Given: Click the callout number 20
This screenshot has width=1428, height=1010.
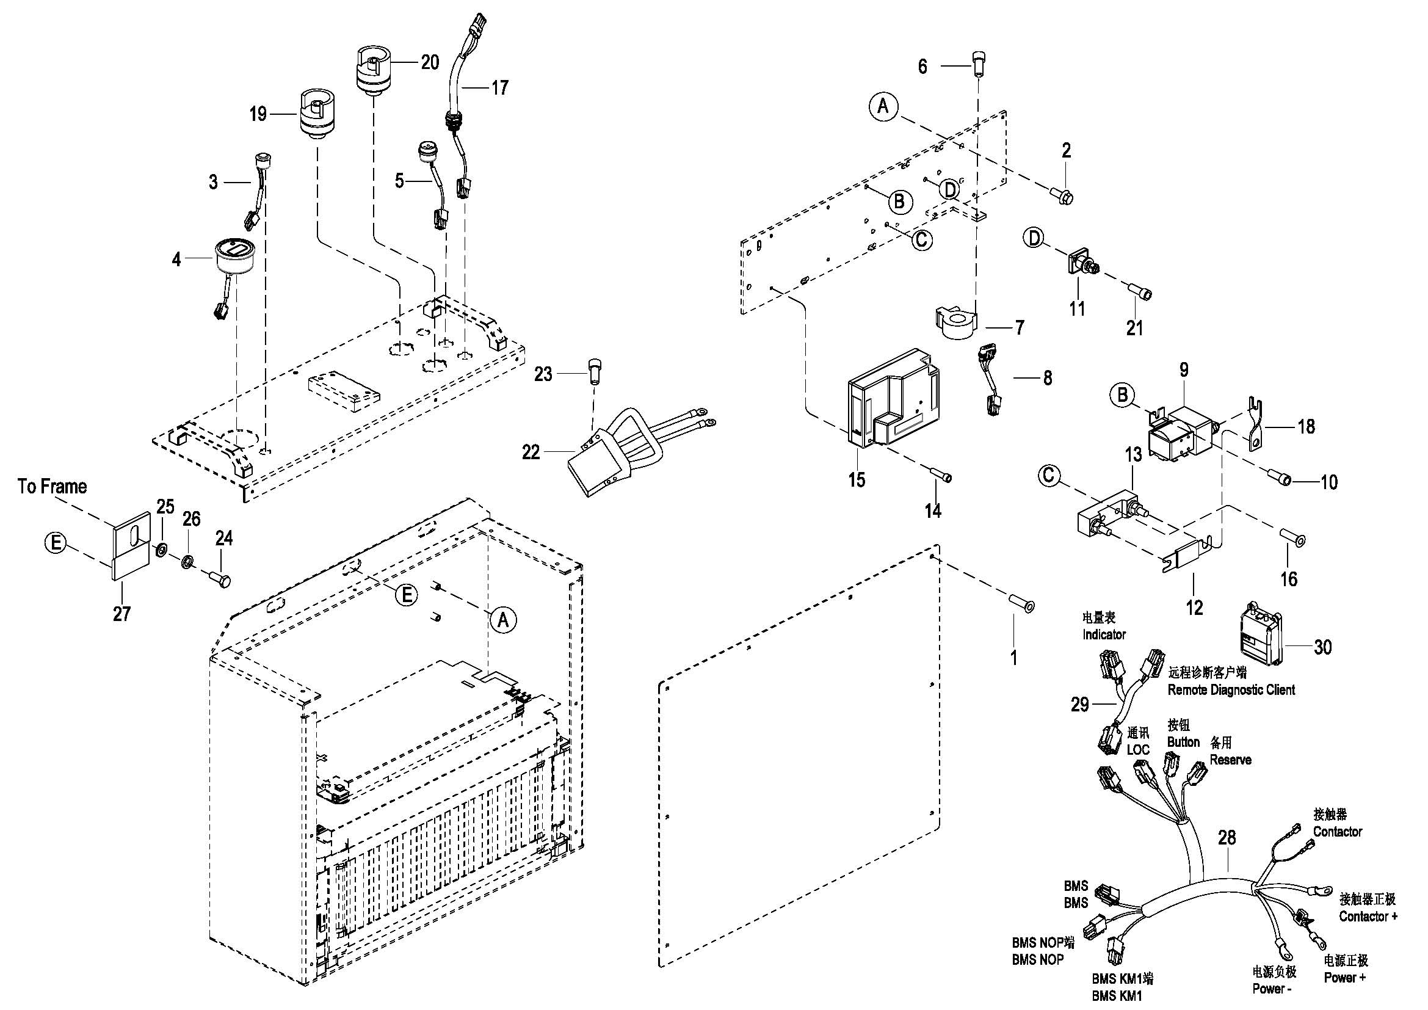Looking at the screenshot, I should (430, 62).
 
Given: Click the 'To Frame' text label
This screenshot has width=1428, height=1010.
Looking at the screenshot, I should (53, 486).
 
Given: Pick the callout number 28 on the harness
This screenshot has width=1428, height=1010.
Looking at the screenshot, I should (1227, 838).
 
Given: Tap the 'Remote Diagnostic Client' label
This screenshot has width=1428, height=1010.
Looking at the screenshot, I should (1231, 689).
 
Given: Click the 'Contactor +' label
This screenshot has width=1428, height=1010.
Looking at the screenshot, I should (1368, 916).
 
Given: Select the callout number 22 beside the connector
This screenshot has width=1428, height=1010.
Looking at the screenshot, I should (531, 452).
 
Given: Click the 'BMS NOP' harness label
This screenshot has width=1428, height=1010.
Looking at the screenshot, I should (1037, 960).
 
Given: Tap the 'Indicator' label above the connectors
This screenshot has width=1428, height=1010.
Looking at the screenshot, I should (1104, 634).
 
